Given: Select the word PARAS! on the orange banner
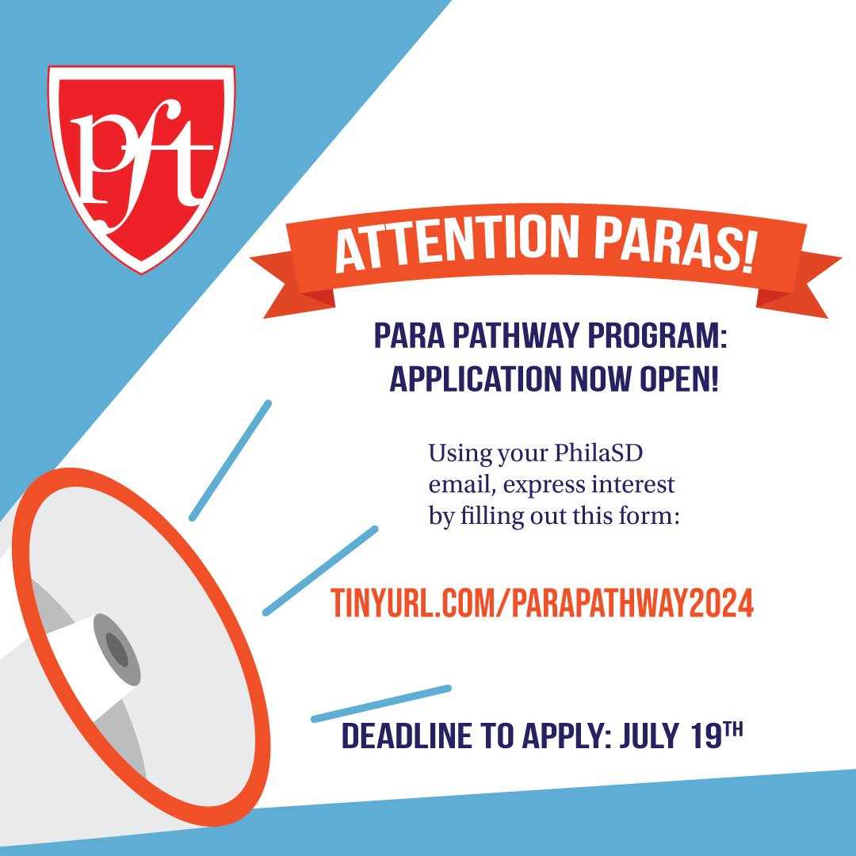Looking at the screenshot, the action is (x=674, y=243).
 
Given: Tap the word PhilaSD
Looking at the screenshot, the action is (x=599, y=453).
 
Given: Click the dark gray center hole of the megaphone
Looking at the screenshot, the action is (x=117, y=650).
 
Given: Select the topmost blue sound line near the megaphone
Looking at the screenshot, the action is (x=230, y=460).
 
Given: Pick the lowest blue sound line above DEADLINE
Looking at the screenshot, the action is (x=381, y=704).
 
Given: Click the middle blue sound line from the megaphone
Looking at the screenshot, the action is (x=320, y=571).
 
